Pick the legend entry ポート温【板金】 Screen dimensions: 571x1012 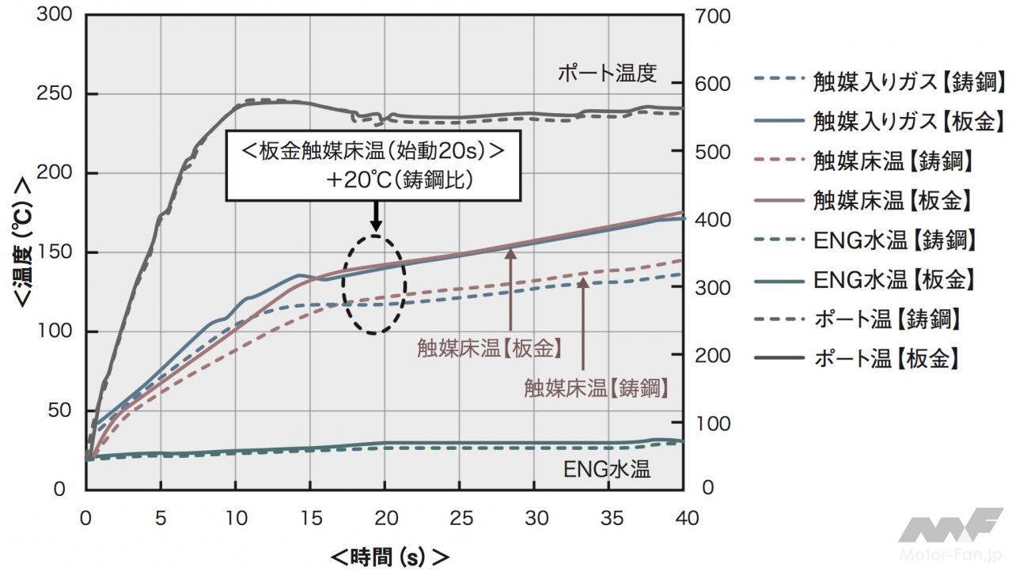886,358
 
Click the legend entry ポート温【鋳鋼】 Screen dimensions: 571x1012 886,319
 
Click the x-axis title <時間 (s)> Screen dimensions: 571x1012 389,555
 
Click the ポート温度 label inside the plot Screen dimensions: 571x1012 608,74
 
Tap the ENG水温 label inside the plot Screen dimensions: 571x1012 607,469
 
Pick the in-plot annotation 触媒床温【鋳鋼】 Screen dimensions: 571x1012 596,388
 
